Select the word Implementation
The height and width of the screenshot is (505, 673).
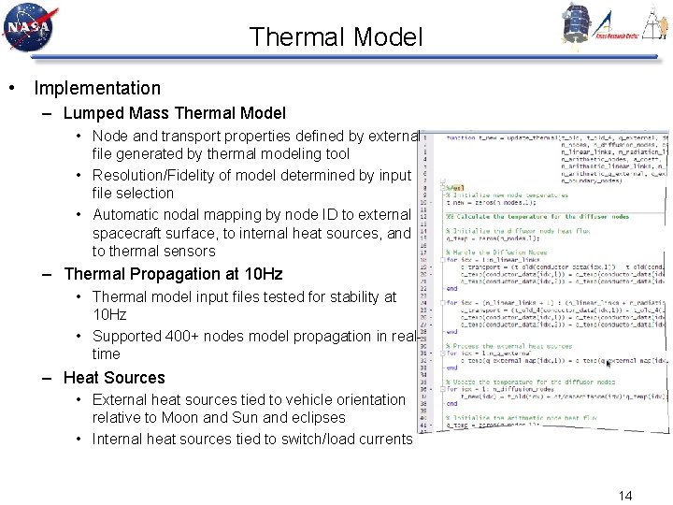pos(97,89)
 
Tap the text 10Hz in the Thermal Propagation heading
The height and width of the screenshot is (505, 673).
pos(262,275)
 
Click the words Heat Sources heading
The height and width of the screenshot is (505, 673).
pos(114,378)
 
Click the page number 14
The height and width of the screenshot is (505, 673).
pos(625,495)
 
